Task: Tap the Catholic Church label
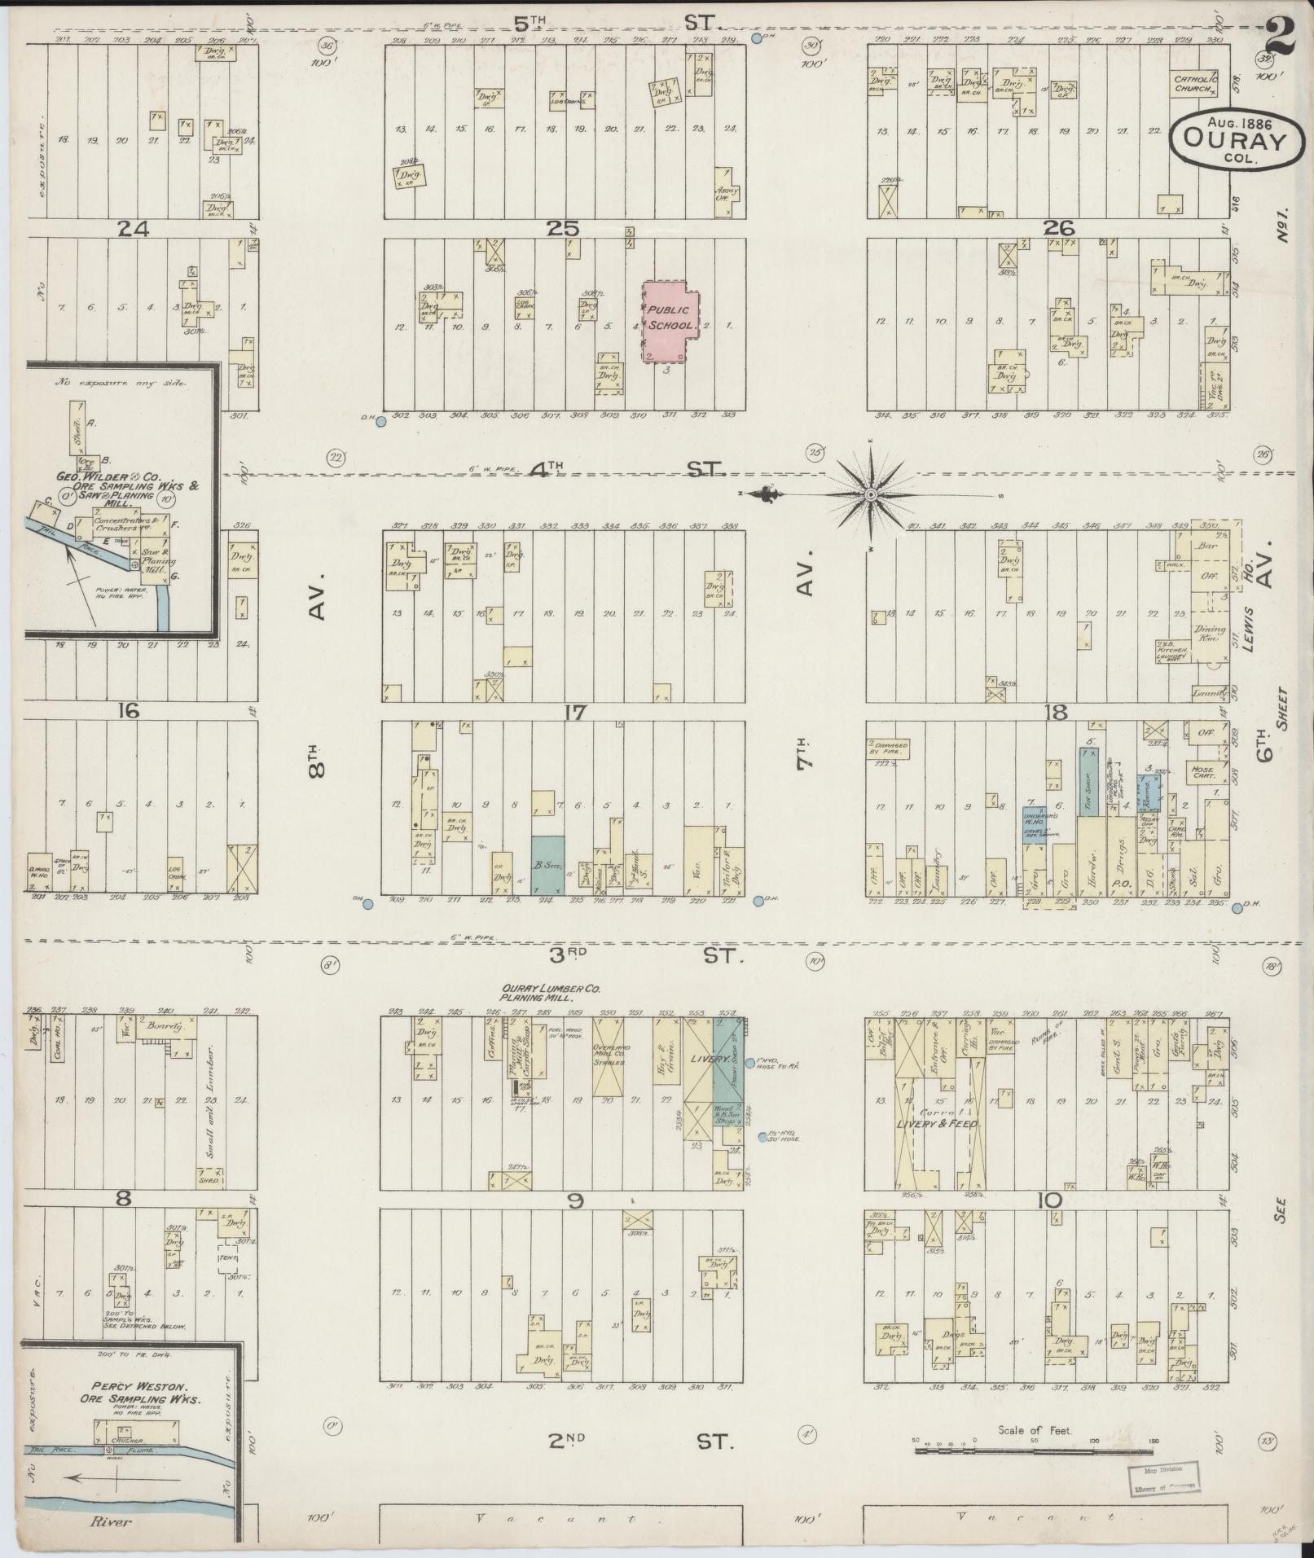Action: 1195,85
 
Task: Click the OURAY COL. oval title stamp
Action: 1235,139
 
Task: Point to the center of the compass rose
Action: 871,494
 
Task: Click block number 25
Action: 563,228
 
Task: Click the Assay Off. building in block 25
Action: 726,193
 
